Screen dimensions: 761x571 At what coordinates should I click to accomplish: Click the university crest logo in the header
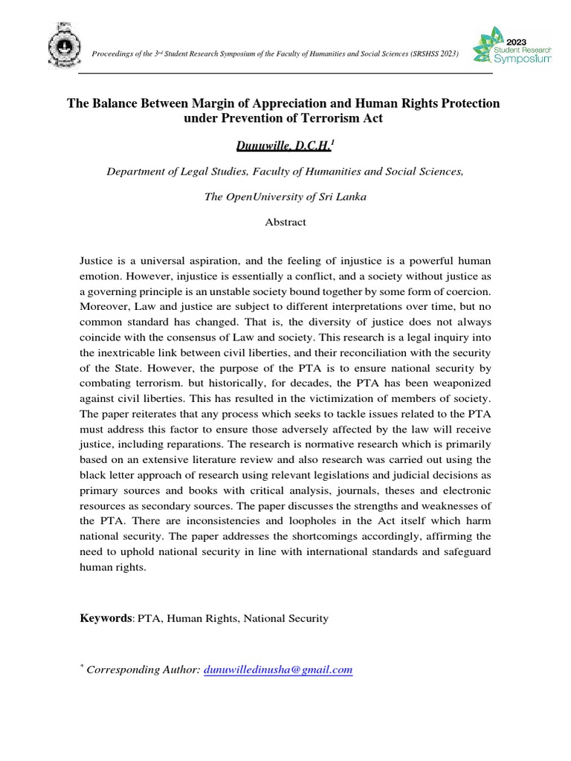(65, 45)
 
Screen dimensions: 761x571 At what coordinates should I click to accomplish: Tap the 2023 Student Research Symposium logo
(512, 46)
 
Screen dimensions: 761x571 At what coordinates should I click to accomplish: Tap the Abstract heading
(285, 222)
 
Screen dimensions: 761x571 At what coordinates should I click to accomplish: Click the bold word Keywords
(107, 618)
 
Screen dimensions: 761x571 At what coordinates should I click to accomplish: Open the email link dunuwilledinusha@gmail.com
(277, 670)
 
